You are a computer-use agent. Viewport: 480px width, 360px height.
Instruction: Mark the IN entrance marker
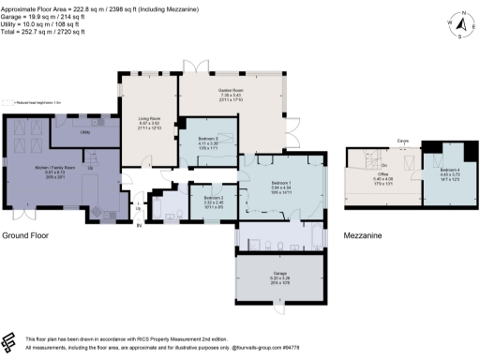coord(140,224)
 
